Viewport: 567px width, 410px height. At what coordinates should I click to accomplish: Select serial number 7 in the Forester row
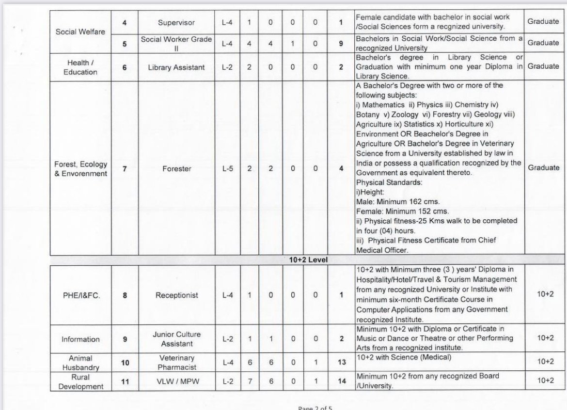[125, 169]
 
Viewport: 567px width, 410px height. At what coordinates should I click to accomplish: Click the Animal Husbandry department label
[80, 362]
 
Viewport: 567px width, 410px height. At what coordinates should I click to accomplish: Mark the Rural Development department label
[80, 381]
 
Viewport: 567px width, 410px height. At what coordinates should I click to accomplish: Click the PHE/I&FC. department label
[80, 295]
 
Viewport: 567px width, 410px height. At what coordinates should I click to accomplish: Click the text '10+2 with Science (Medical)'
[404, 357]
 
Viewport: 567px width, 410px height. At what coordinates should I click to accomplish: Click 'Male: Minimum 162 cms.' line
[398, 201]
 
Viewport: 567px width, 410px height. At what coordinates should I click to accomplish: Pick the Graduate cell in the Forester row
[543, 167]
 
